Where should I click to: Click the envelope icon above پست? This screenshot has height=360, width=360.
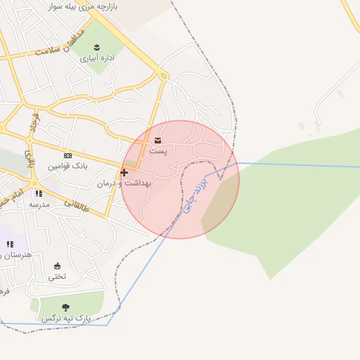[157, 140]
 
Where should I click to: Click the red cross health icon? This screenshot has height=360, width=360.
[124, 172]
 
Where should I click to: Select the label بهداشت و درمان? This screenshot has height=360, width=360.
[124, 183]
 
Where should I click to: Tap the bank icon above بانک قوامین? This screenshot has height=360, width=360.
[67, 155]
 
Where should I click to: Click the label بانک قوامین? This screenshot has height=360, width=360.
[67, 167]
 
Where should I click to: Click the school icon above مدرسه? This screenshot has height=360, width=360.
[39, 193]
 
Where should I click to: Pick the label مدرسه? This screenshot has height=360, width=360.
[39, 204]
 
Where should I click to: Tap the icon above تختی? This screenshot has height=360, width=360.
[58, 266]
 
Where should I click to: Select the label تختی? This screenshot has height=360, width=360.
[58, 276]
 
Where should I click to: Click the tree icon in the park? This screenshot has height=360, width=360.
[66, 307]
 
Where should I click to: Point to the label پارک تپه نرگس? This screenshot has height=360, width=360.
[67, 319]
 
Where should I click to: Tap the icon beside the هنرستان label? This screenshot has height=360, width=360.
[10, 244]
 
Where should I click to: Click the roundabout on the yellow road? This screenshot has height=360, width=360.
[163, 75]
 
